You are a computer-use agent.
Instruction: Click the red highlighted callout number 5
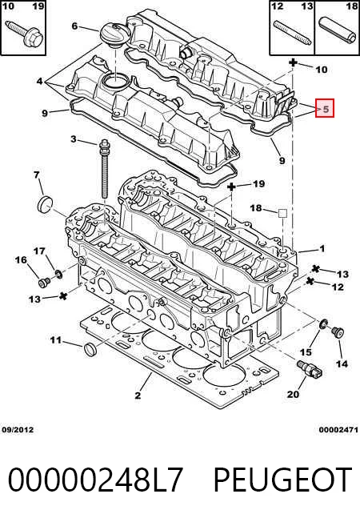pos(325,109)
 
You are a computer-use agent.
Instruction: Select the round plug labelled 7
pos(46,204)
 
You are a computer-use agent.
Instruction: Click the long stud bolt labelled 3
pos(104,170)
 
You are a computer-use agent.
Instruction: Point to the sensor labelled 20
pos(310,369)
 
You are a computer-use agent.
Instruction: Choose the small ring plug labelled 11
pos(90,348)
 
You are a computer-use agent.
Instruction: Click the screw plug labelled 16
pos(44,283)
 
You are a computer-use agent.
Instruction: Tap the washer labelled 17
pos(58,274)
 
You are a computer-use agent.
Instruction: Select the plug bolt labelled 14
pos(338,332)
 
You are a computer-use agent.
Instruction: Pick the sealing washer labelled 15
pos(323,323)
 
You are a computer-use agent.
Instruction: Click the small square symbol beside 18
pos(282,214)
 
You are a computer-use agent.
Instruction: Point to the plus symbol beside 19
pos(231,187)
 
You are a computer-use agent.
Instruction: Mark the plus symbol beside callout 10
pos(293,62)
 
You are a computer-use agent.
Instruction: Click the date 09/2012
pos(18,429)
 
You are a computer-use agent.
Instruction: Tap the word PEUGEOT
pos(282,480)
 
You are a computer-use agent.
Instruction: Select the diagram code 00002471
pos(338,430)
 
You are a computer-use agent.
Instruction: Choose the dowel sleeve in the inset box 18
pos(337,33)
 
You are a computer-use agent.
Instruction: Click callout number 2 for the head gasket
pos(138,396)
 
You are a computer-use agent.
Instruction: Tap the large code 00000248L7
pos(95,480)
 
